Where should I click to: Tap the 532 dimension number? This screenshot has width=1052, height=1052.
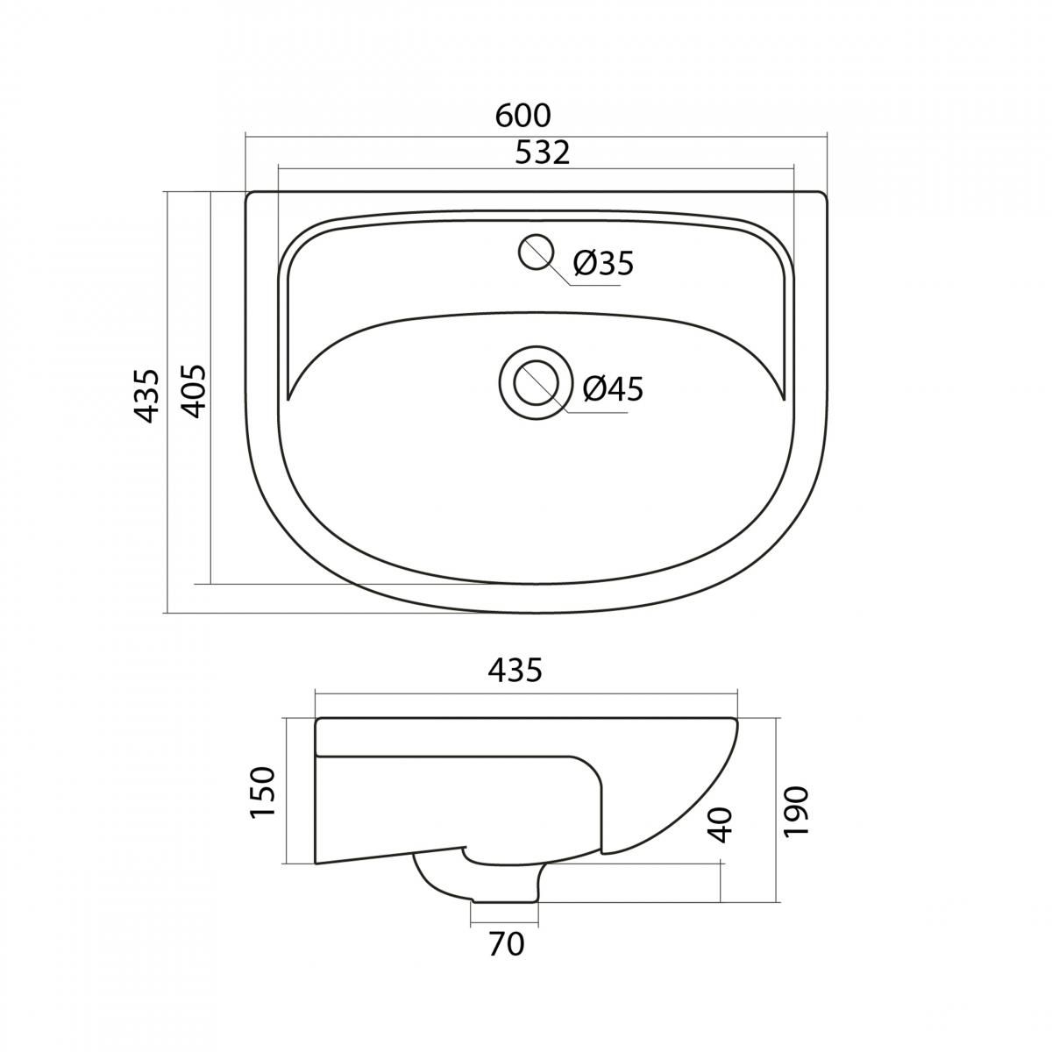click(543, 153)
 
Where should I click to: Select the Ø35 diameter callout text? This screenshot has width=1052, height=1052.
click(603, 264)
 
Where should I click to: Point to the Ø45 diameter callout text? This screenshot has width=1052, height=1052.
click(613, 389)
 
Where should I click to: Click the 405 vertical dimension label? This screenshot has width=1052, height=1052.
click(195, 391)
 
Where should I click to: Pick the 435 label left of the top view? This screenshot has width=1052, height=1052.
click(146, 395)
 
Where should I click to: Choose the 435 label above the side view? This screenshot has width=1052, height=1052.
click(515, 670)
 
